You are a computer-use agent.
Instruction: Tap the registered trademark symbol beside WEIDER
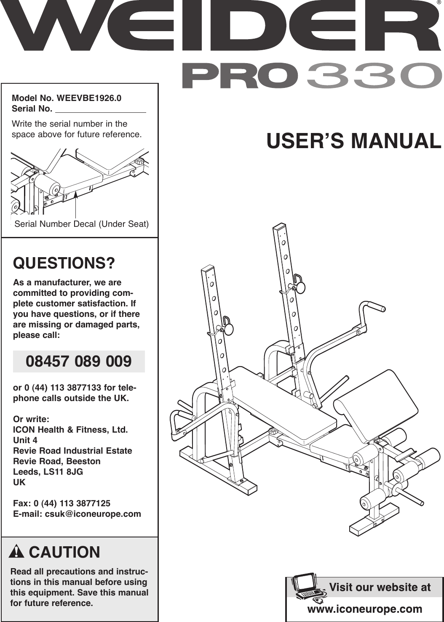coord(439,4)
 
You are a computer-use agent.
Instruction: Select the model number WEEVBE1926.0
coord(89,98)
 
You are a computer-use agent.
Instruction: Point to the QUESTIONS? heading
coord(64,263)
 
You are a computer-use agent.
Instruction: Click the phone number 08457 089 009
coord(79,362)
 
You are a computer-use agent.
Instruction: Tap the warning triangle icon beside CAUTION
coord(16,552)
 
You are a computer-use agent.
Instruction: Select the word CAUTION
coord(64,552)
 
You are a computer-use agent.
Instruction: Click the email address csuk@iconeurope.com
coord(93,514)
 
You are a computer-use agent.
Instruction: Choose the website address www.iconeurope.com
coord(365,609)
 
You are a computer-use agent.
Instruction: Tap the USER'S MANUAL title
coord(354,141)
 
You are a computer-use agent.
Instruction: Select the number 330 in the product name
coord(374,76)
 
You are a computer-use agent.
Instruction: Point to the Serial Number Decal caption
coord(81,224)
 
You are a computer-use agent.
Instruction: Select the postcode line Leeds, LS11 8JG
coord(48,472)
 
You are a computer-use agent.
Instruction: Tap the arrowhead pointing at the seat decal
coord(76,195)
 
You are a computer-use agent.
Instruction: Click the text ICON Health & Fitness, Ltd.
coord(70,430)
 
